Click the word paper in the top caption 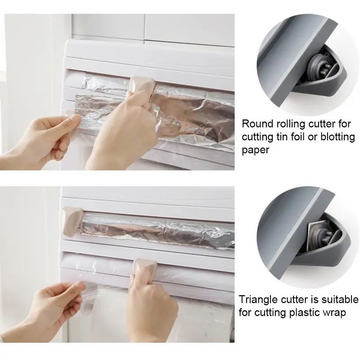tap(256, 150)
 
